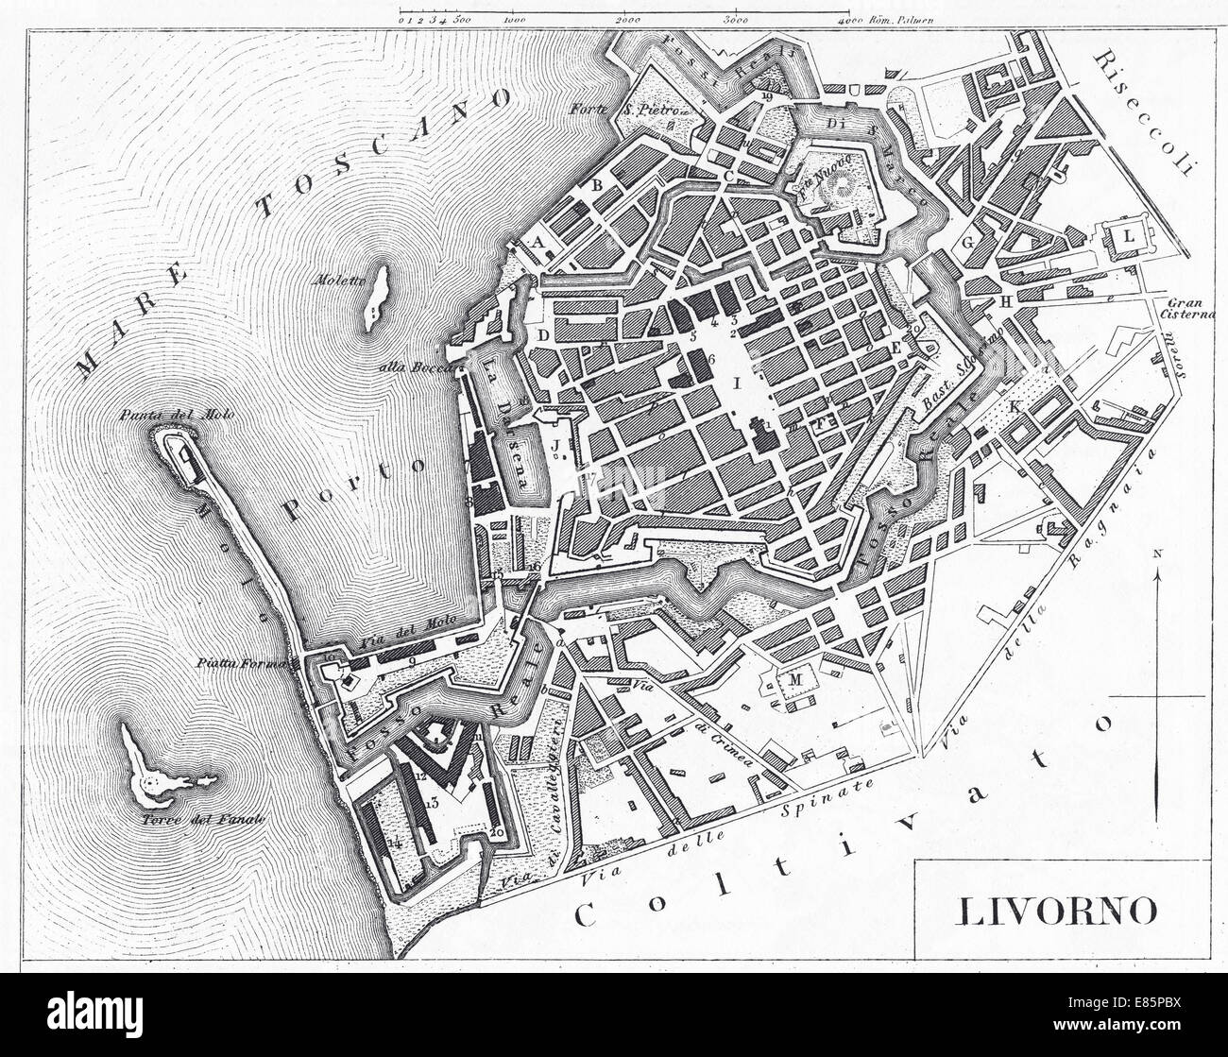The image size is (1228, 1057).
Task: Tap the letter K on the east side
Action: (1015, 406)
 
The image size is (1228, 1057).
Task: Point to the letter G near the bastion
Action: (967, 242)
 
